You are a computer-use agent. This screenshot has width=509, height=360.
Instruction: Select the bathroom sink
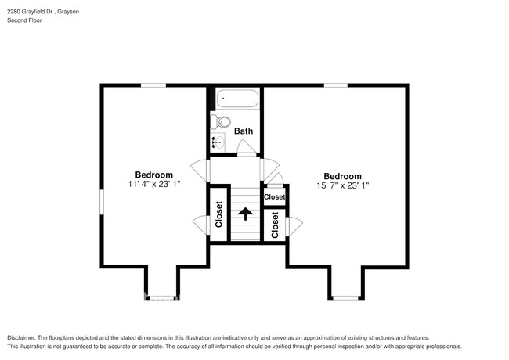[x=218, y=142]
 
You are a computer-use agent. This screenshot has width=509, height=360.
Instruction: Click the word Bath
[x=243, y=131]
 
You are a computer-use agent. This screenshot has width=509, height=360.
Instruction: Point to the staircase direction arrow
[x=246, y=213]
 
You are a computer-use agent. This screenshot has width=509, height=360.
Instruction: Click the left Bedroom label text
[x=153, y=175]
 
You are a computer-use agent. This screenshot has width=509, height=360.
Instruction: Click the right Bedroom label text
[x=342, y=176]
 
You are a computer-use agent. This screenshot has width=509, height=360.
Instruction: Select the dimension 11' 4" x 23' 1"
[x=153, y=185]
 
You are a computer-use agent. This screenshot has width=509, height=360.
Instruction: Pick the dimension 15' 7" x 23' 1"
[x=342, y=186]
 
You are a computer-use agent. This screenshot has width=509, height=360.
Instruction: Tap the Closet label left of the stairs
[x=219, y=214]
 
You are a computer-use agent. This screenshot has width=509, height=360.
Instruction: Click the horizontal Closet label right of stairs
[x=274, y=197]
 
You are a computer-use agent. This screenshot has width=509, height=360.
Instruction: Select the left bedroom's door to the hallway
[x=202, y=169]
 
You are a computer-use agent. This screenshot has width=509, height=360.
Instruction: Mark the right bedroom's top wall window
[x=336, y=85]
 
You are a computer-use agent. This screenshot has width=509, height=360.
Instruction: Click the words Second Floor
[x=25, y=20]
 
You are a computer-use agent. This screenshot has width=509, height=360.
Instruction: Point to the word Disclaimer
[x=24, y=337]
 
